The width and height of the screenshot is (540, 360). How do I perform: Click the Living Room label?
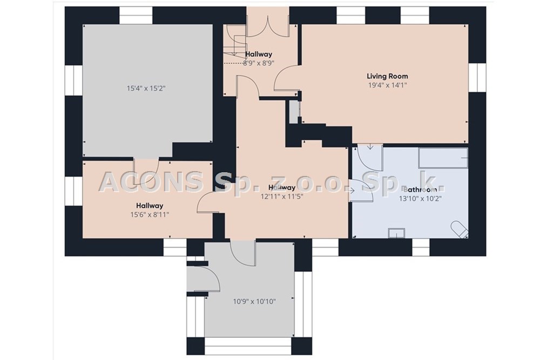coord(387,77)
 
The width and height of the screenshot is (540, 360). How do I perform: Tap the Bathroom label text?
coord(420,189)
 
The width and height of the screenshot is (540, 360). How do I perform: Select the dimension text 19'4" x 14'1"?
coord(387,85)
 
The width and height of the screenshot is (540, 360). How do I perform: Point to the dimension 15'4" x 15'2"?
coord(146,89)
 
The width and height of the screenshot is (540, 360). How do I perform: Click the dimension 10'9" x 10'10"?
coord(254,302)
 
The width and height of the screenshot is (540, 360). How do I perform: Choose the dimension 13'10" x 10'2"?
coord(420,199)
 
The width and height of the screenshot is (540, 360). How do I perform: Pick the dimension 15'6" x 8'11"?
coord(150,215)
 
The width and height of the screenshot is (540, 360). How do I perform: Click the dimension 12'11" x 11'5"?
coord(282,197)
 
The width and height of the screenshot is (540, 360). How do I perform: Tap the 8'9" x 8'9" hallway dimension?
coord(259,63)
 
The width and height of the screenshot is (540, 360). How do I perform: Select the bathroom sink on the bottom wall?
coord(397,233)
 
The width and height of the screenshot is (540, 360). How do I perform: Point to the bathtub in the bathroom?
coord(443,158)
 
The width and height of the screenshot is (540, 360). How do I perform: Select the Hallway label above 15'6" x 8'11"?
coord(150,206)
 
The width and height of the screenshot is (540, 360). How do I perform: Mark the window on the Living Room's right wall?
coord(477,78)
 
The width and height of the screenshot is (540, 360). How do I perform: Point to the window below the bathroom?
coord(421,247)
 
